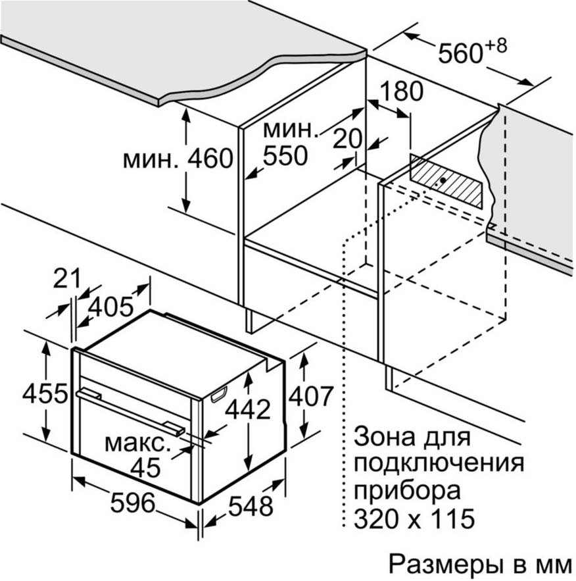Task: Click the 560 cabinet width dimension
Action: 460,54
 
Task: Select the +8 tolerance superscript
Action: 495,46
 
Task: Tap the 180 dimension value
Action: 401,91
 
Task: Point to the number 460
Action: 210,158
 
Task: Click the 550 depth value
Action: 285,156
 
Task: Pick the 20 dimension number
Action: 347,139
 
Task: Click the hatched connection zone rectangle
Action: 446,181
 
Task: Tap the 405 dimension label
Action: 110,307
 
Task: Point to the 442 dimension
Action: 248,409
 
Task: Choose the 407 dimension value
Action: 311,396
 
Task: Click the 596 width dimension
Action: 133,503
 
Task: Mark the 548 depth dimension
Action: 251,506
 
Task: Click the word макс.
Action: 137,443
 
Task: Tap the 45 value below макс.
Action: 146,467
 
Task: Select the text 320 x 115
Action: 414,518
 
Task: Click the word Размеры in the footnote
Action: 445,565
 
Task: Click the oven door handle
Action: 130,411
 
